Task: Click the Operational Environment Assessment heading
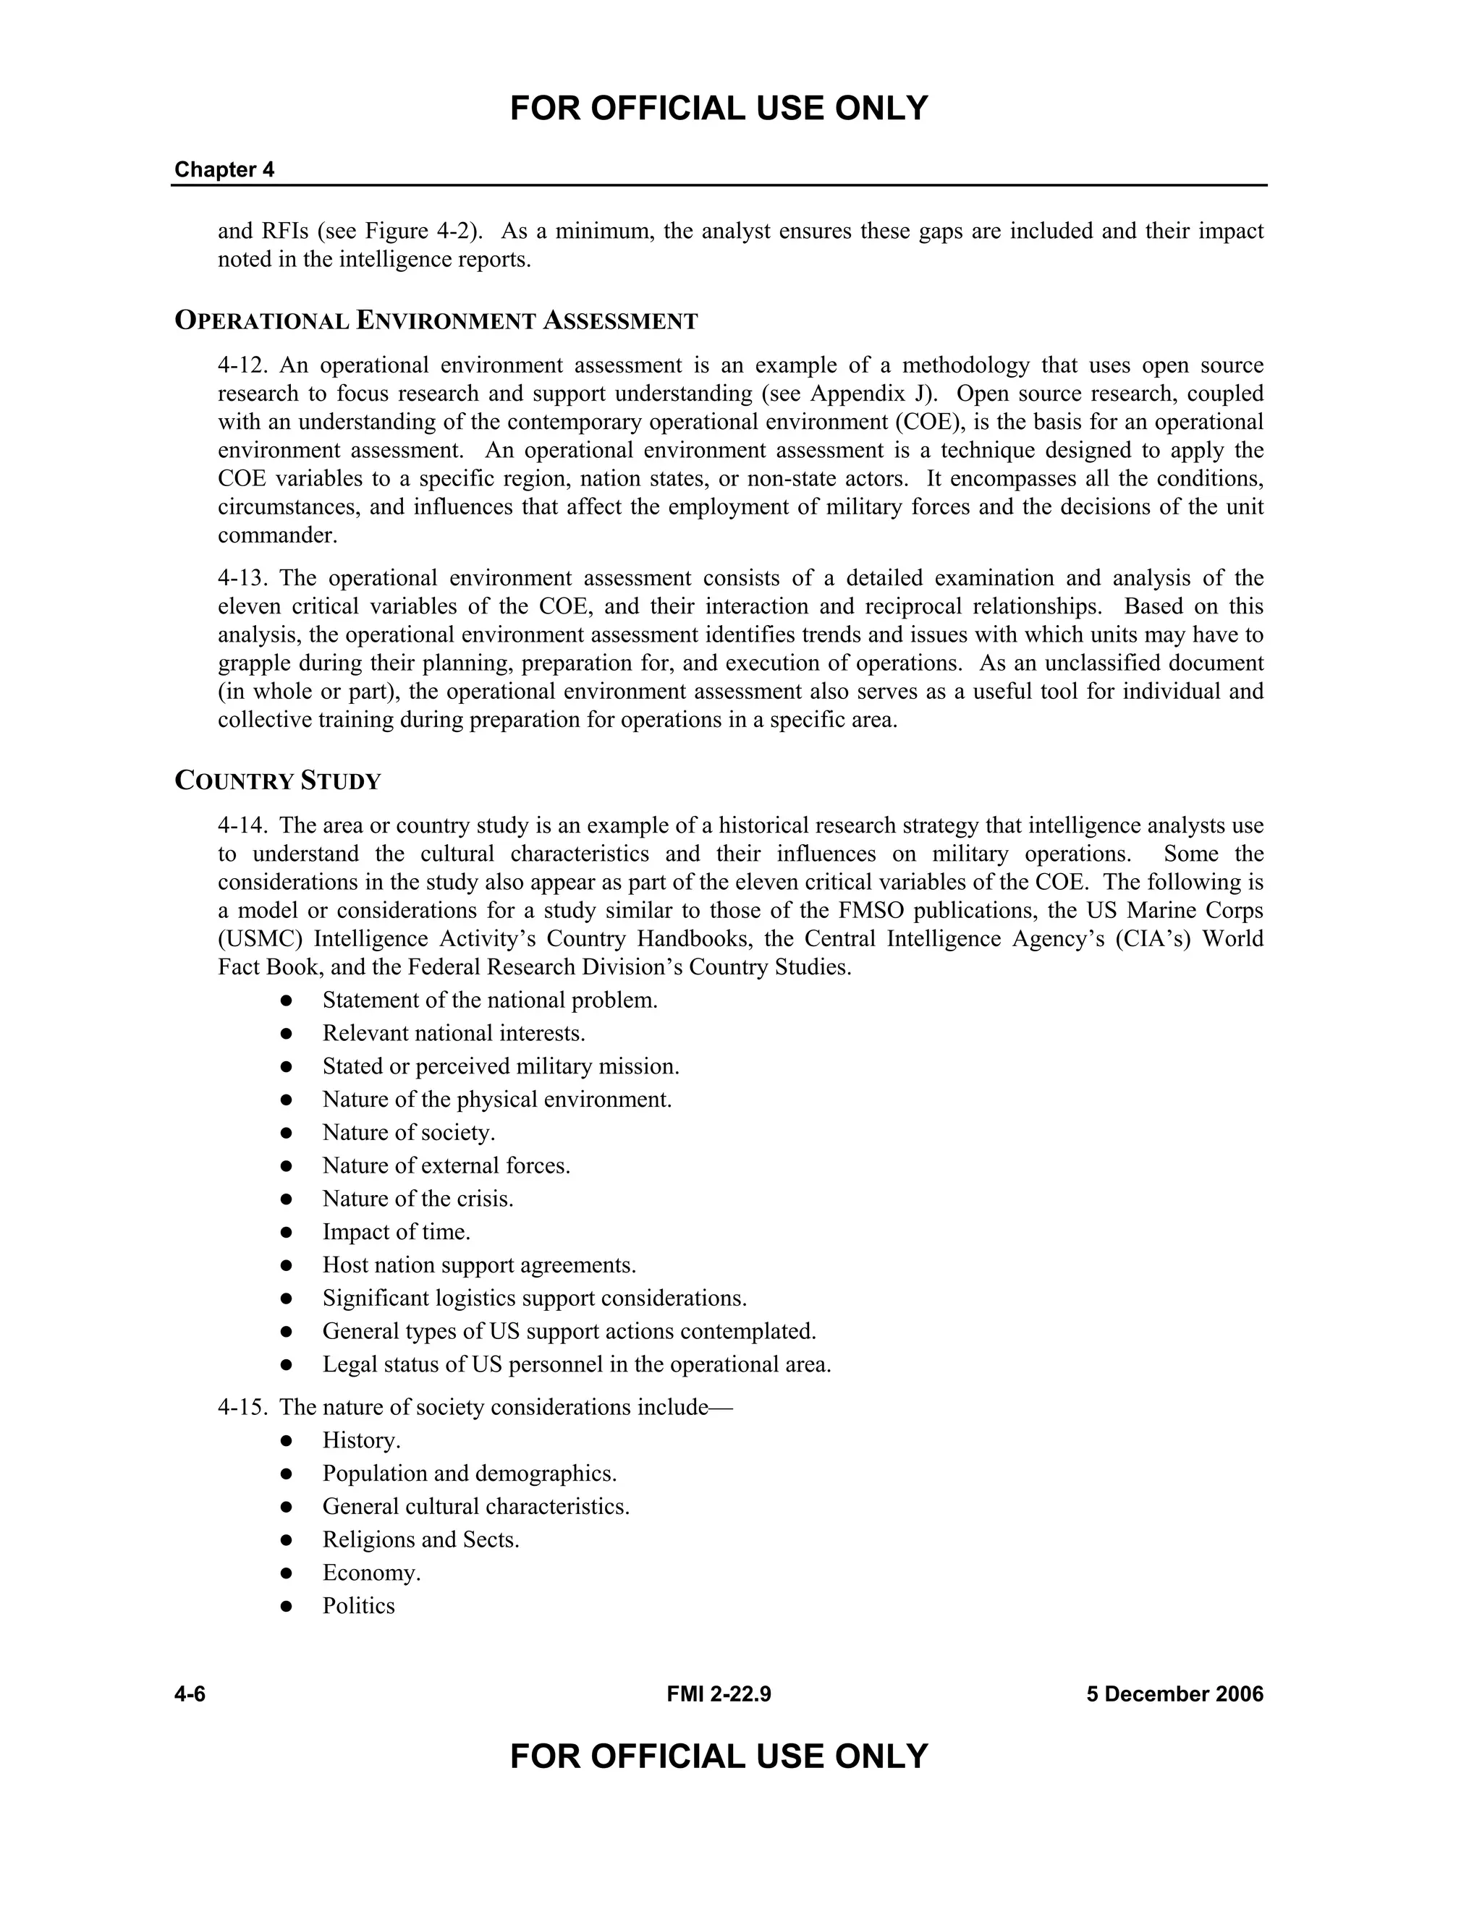click(x=436, y=321)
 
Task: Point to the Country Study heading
click(x=279, y=781)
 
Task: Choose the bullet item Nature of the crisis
click(x=418, y=1199)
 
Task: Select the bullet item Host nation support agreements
click(x=478, y=1264)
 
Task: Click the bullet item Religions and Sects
click(x=420, y=1539)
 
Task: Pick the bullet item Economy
click(x=371, y=1573)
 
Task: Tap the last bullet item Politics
click(x=358, y=1605)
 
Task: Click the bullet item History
click(x=361, y=1440)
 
